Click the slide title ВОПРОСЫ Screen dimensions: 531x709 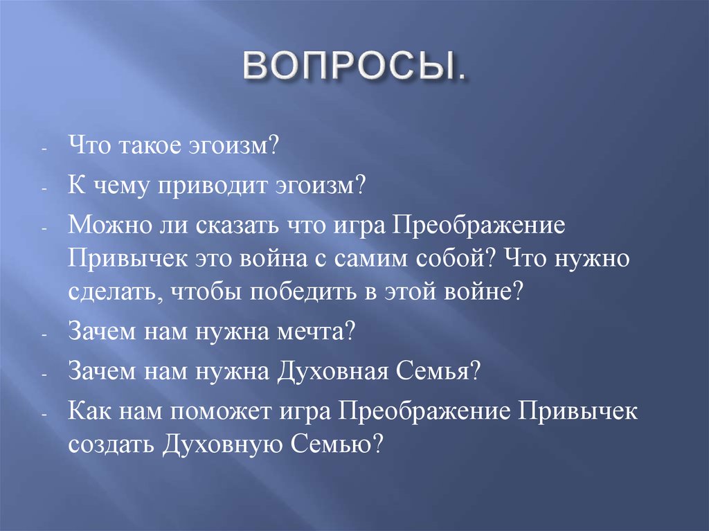(x=353, y=68)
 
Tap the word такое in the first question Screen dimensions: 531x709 (x=153, y=146)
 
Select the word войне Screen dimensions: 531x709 (x=489, y=291)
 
